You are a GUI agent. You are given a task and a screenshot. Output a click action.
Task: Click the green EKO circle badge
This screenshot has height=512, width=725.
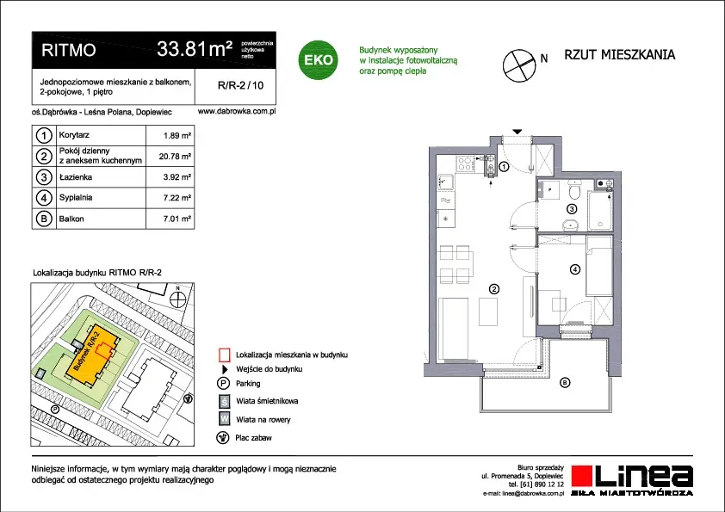[x=318, y=59]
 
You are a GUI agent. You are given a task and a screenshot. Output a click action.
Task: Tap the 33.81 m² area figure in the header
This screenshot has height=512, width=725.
[x=195, y=48]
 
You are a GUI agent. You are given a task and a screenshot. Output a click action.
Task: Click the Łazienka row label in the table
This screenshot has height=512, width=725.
[x=76, y=177]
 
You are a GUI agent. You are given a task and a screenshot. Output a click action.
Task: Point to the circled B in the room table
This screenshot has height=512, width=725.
[x=44, y=219]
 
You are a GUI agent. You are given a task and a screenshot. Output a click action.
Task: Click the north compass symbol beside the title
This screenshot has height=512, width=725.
[x=519, y=65]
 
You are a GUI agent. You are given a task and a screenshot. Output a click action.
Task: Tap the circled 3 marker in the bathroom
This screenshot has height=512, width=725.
[x=572, y=209]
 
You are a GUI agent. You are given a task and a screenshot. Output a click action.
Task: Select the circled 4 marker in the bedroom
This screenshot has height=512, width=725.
[x=574, y=268]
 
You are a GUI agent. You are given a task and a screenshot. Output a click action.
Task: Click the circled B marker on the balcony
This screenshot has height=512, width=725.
[x=564, y=382]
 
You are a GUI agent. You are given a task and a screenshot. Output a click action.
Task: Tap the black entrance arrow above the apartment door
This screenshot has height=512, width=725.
[x=517, y=132]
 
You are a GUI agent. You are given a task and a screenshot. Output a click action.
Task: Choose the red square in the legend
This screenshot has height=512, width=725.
[x=224, y=355]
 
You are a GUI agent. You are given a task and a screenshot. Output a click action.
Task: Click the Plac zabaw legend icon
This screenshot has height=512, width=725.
[x=223, y=437]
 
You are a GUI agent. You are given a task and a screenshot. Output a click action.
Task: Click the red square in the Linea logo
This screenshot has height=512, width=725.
[x=582, y=476]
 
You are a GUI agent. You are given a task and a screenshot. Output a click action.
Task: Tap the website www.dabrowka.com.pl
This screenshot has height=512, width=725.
[x=237, y=111]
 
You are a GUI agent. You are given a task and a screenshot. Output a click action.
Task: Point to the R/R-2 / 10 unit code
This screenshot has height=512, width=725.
[x=240, y=85]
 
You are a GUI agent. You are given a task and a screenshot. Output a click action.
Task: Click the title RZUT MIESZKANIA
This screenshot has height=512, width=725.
[x=620, y=54]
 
